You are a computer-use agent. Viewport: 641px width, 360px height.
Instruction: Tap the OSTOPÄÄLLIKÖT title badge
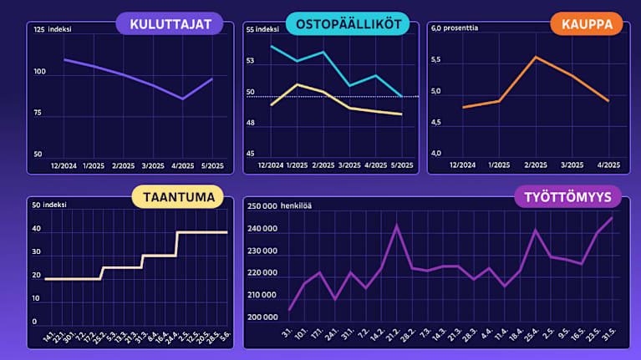coord(347,23)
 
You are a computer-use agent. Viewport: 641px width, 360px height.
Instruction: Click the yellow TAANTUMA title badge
coord(178,197)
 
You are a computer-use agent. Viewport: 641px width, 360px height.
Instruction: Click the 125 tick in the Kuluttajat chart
coord(38,30)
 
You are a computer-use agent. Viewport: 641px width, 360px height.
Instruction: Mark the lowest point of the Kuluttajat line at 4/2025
coord(182,99)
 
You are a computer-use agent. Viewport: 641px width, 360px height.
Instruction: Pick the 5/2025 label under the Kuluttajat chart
coord(212,165)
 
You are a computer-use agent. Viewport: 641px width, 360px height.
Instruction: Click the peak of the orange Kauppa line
coord(535,57)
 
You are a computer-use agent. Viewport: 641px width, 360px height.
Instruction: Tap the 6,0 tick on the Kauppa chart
coord(435,28)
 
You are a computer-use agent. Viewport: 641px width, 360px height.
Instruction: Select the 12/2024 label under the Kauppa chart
coord(462,165)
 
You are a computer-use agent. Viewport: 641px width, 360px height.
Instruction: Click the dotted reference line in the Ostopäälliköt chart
coord(334,96)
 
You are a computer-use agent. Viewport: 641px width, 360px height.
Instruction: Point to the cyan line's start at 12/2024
coord(272,46)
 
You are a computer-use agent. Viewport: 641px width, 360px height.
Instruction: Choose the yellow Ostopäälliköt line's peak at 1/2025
coord(297,84)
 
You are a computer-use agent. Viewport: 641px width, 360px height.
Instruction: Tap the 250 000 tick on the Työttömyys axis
coord(263,205)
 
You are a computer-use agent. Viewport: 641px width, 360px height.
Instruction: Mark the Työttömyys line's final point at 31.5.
coord(612,218)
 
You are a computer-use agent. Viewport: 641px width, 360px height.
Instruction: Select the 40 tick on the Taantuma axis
coord(36,228)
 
